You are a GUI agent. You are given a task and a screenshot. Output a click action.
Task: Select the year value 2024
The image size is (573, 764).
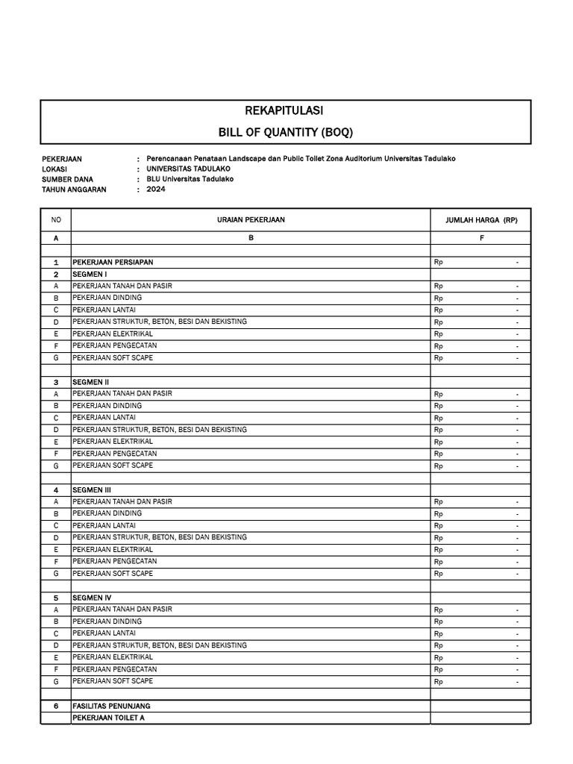point(156,190)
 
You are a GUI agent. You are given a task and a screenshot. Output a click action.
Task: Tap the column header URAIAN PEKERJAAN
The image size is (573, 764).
point(251,220)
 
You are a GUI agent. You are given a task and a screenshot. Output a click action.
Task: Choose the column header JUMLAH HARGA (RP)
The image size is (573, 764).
point(481,220)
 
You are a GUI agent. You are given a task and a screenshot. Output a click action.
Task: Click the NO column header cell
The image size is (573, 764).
point(55,220)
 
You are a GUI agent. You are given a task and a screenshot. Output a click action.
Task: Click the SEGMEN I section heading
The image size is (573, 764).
point(89,275)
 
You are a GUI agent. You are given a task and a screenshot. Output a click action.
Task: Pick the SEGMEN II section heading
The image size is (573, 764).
point(90,382)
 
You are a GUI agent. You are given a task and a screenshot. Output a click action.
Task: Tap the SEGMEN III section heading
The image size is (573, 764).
point(91,489)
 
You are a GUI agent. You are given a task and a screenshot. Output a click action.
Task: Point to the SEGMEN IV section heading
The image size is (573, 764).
point(91,598)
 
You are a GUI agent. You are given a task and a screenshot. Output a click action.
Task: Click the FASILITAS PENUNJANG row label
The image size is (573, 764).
point(111,706)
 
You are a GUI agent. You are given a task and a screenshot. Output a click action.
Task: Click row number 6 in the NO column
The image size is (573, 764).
point(55,706)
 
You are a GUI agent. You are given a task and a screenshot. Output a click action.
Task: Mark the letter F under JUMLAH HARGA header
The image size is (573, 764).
point(481,238)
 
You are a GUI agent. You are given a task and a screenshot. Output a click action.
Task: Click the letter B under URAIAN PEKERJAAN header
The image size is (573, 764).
point(251,238)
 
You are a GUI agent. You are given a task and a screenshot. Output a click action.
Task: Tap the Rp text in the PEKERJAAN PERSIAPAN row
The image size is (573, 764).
point(438,263)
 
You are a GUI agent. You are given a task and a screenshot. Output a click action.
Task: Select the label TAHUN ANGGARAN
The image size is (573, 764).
point(75,190)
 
